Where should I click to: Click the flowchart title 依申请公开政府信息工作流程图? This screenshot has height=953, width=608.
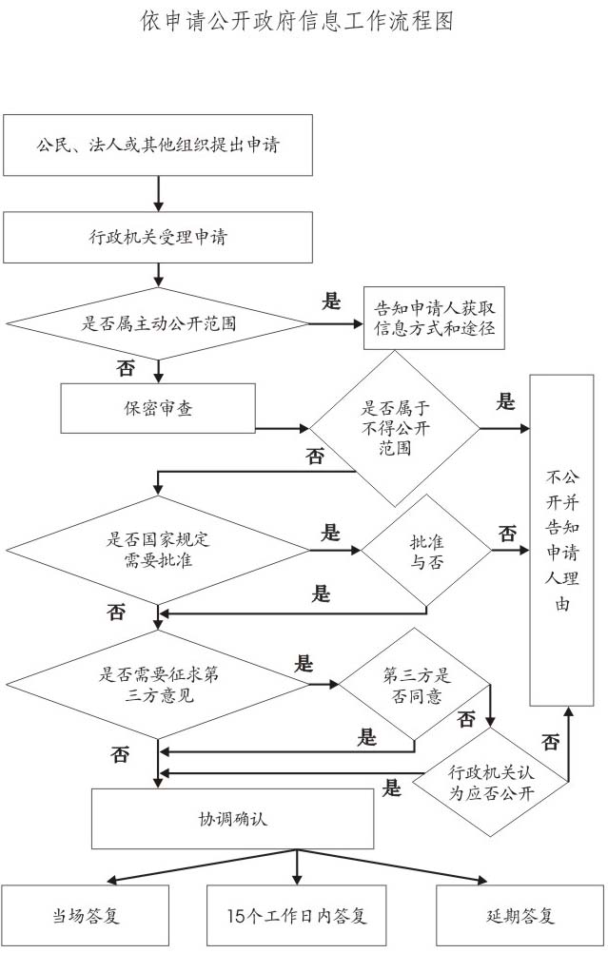296,22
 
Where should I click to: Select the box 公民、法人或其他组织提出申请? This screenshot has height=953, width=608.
158,146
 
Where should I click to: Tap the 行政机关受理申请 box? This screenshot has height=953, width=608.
158,237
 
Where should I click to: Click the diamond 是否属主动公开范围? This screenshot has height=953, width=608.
158,322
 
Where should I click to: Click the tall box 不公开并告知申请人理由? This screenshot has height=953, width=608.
568,540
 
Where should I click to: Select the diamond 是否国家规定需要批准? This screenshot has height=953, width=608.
158,549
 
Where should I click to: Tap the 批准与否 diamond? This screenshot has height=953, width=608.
425,551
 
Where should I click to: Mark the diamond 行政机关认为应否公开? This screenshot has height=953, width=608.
492,781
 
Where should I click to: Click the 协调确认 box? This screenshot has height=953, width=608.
232,818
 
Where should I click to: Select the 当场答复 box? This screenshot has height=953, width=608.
85,916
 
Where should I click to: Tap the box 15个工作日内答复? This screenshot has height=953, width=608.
298,916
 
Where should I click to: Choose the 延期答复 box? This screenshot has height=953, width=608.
520,916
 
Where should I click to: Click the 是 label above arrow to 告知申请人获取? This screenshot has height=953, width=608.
331,302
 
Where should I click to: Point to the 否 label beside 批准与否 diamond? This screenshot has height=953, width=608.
508,533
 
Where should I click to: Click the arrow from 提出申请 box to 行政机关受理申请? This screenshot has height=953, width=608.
158,193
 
